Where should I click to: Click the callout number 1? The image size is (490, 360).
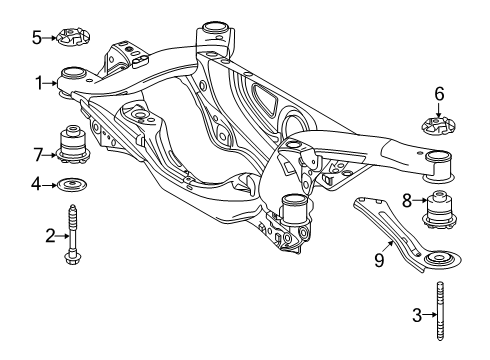(37, 83)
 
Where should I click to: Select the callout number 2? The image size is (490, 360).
(49, 235)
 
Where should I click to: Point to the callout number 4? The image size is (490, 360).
(36, 184)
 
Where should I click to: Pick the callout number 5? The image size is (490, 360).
(37, 38)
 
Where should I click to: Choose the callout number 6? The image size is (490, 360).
(438, 94)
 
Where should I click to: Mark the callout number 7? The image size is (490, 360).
(37, 154)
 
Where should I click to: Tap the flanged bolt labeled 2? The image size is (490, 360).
(73, 237)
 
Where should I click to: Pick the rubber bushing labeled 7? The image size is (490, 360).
(73, 146)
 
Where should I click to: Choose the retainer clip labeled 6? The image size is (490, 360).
(438, 127)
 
